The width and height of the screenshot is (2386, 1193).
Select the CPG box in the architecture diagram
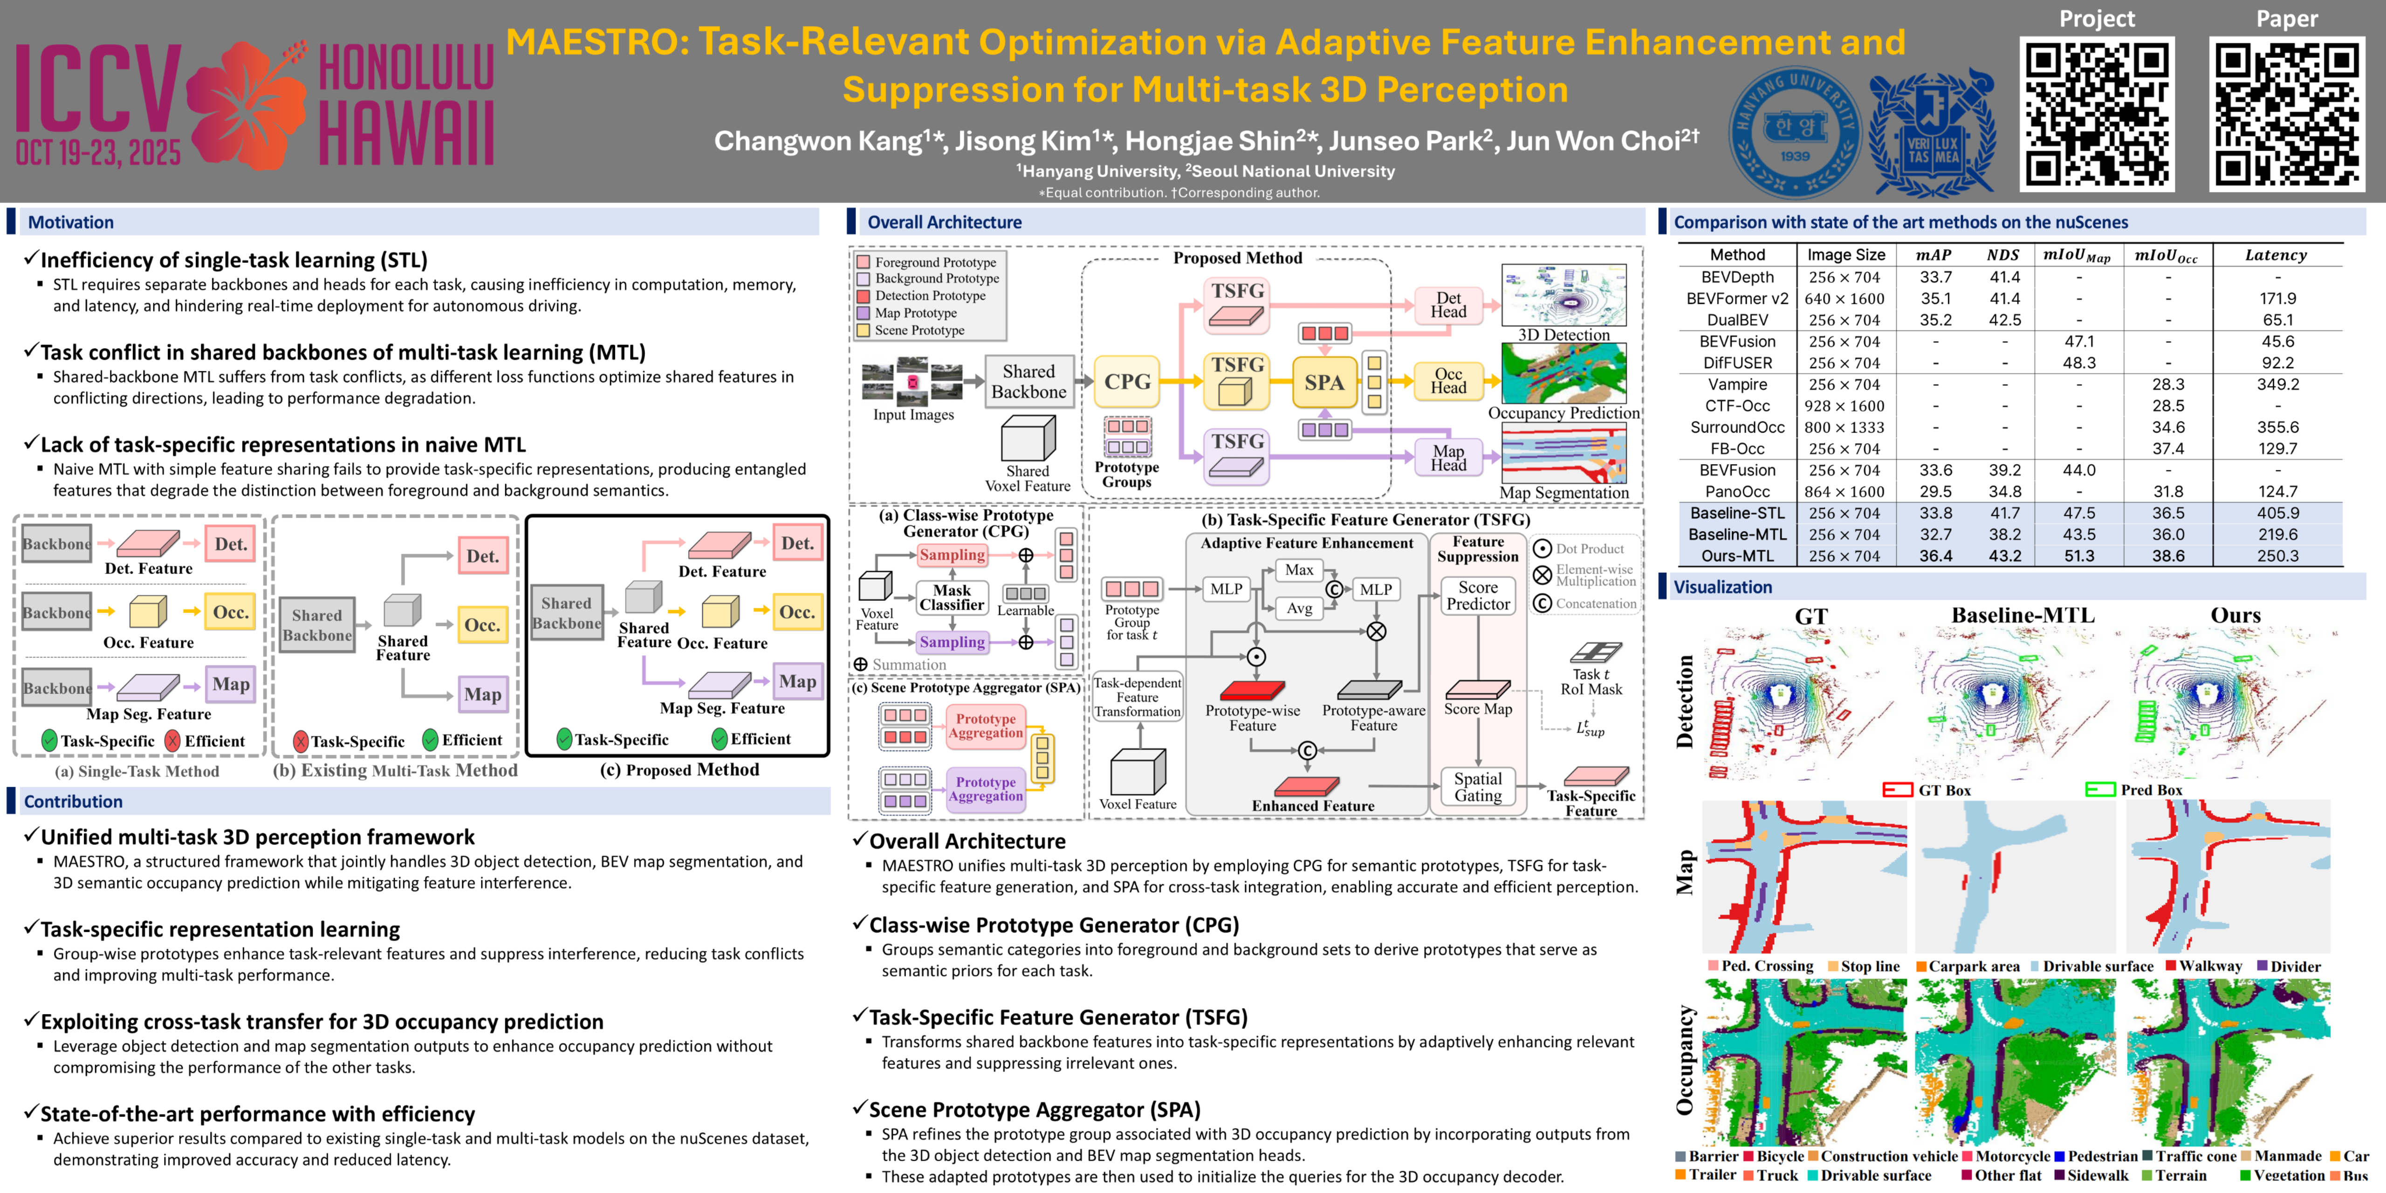1126,382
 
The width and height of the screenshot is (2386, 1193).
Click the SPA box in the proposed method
1323,382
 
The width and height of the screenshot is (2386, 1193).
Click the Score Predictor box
1477,596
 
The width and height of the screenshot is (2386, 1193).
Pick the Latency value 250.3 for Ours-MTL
2276,556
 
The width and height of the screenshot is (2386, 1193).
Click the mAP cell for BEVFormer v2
1935,298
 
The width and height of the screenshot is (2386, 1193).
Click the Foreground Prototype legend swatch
863,262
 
